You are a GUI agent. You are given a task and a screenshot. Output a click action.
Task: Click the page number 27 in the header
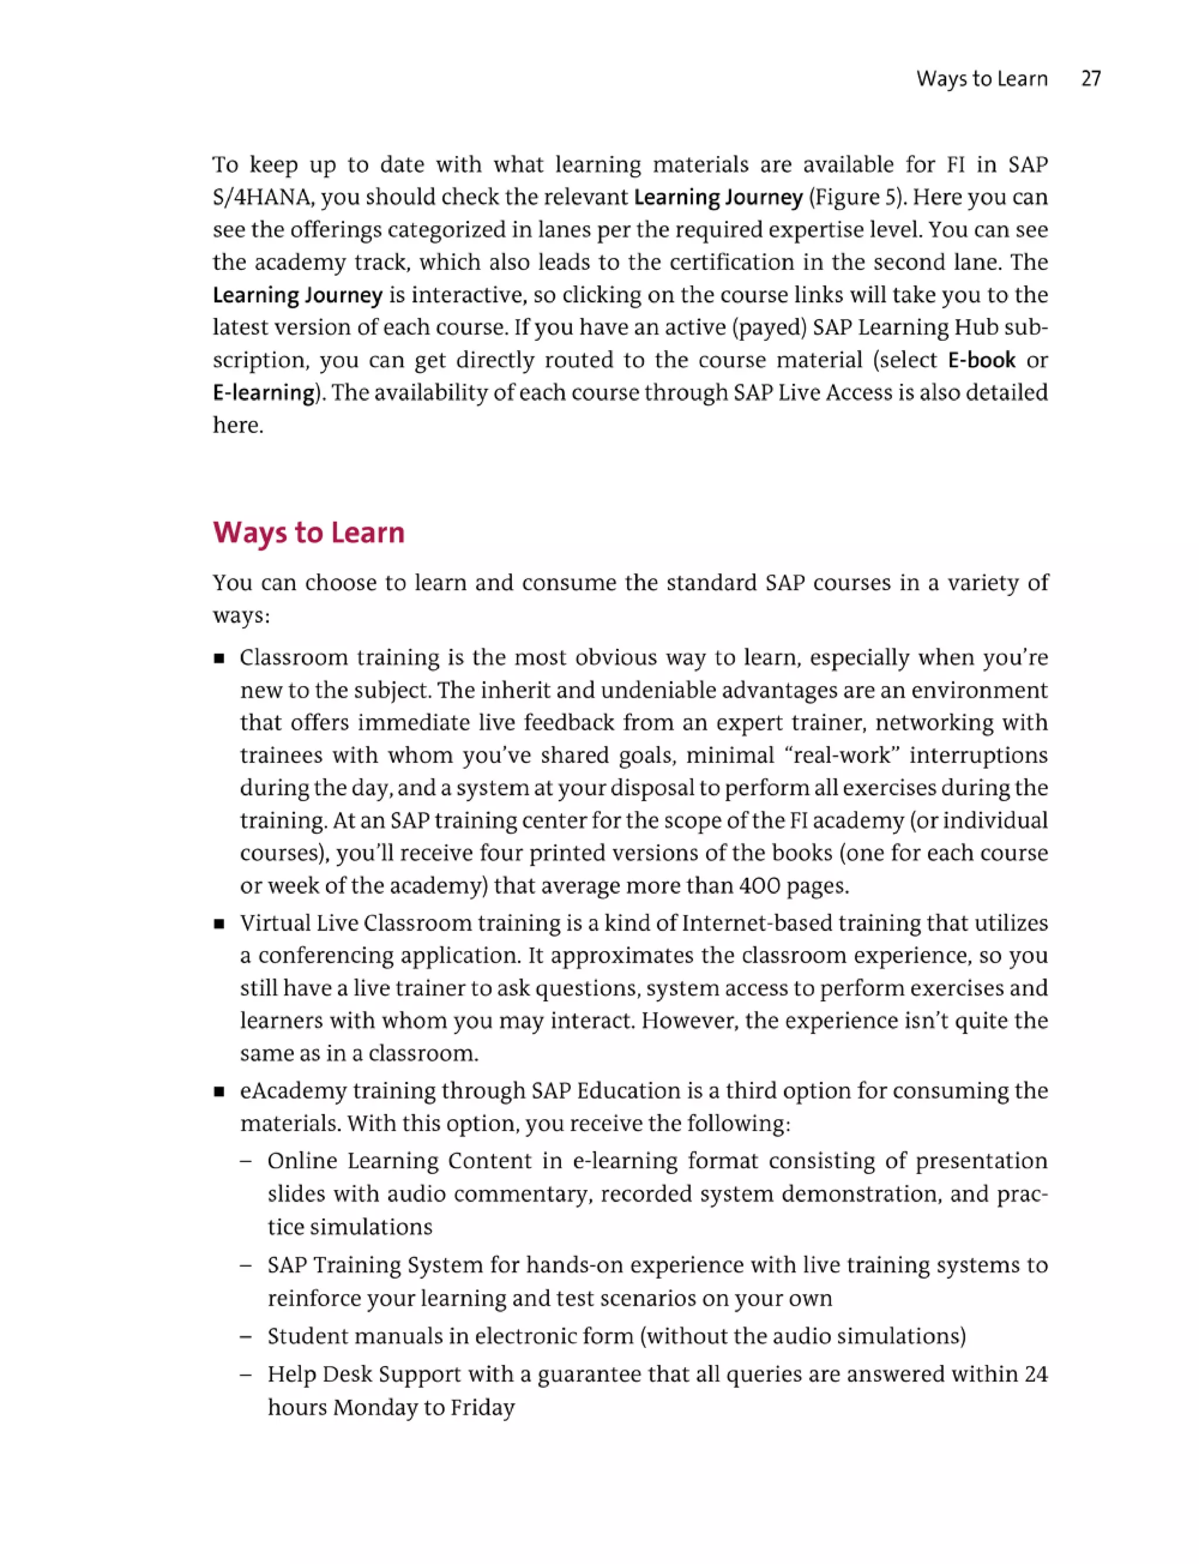[x=1091, y=78]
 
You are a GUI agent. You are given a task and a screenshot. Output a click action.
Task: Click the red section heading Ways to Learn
[x=309, y=532]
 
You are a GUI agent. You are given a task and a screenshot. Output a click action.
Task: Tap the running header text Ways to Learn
[x=981, y=78]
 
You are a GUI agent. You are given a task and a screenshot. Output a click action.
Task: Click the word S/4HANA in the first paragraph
[x=263, y=197]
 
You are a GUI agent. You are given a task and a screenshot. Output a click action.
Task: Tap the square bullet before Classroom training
[x=219, y=659]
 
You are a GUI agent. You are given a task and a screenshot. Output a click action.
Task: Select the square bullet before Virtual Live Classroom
[x=219, y=925]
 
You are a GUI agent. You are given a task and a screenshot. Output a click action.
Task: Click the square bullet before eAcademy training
[x=219, y=1092]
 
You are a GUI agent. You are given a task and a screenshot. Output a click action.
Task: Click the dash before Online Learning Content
[x=246, y=1161]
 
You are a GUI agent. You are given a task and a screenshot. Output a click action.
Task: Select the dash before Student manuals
[x=246, y=1336]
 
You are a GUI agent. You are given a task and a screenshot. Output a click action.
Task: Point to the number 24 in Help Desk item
[x=1036, y=1374]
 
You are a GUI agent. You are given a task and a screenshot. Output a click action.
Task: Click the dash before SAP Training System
[x=246, y=1265]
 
